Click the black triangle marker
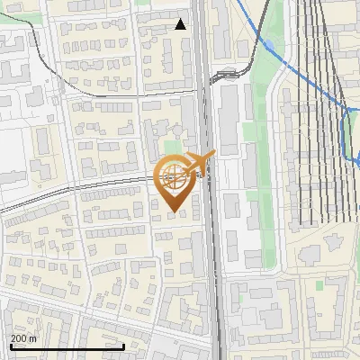(181, 24)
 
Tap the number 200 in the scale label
(19, 338)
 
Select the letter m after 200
(32, 338)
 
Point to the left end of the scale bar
(11, 346)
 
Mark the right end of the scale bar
(123, 346)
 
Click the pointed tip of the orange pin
(173, 212)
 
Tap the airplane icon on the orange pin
(200, 162)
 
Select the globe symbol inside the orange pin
(173, 178)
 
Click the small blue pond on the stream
(267, 44)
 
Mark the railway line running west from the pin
(72, 191)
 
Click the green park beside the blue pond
(261, 108)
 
